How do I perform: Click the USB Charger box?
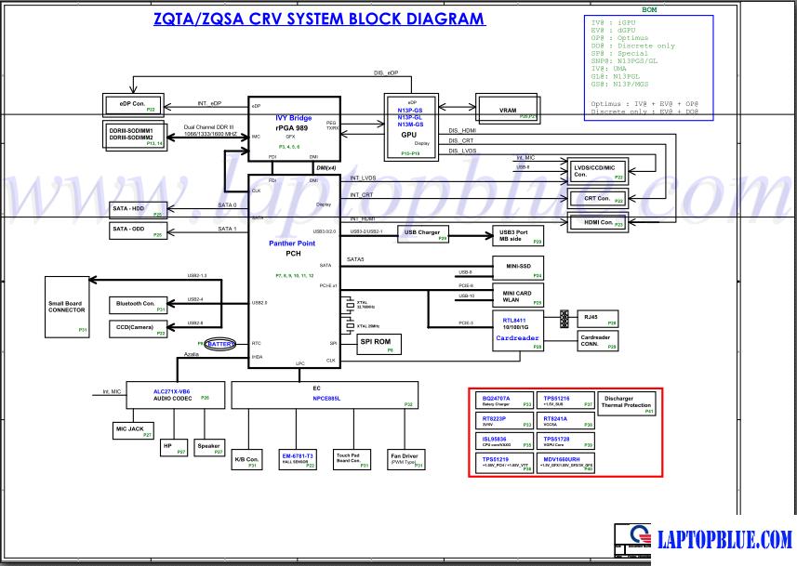point(423,233)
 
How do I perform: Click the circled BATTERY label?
point(220,344)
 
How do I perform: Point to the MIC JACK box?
point(133,429)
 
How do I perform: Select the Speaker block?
point(208,448)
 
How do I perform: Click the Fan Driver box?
point(405,459)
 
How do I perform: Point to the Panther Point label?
point(294,243)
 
